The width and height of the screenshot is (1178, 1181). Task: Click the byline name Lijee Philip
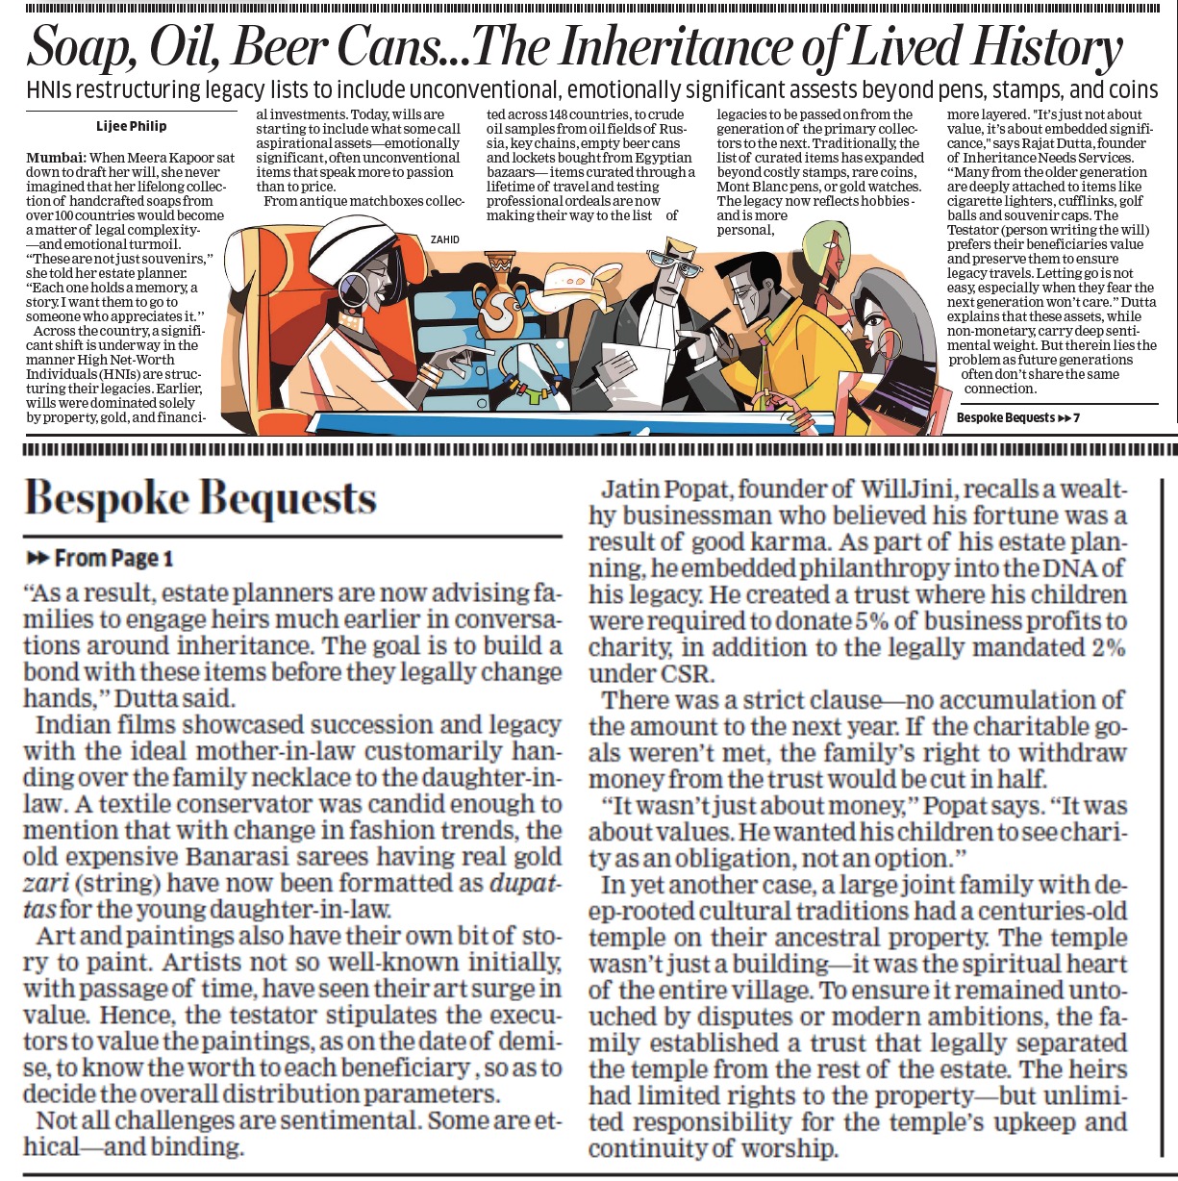(131, 126)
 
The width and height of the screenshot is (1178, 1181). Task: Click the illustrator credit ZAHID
(445, 239)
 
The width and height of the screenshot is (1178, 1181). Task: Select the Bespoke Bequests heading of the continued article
(200, 498)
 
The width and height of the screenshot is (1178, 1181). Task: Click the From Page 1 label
(100, 558)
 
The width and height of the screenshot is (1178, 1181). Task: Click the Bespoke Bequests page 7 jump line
(1017, 418)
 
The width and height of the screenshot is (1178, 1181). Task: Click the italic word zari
(42, 883)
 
